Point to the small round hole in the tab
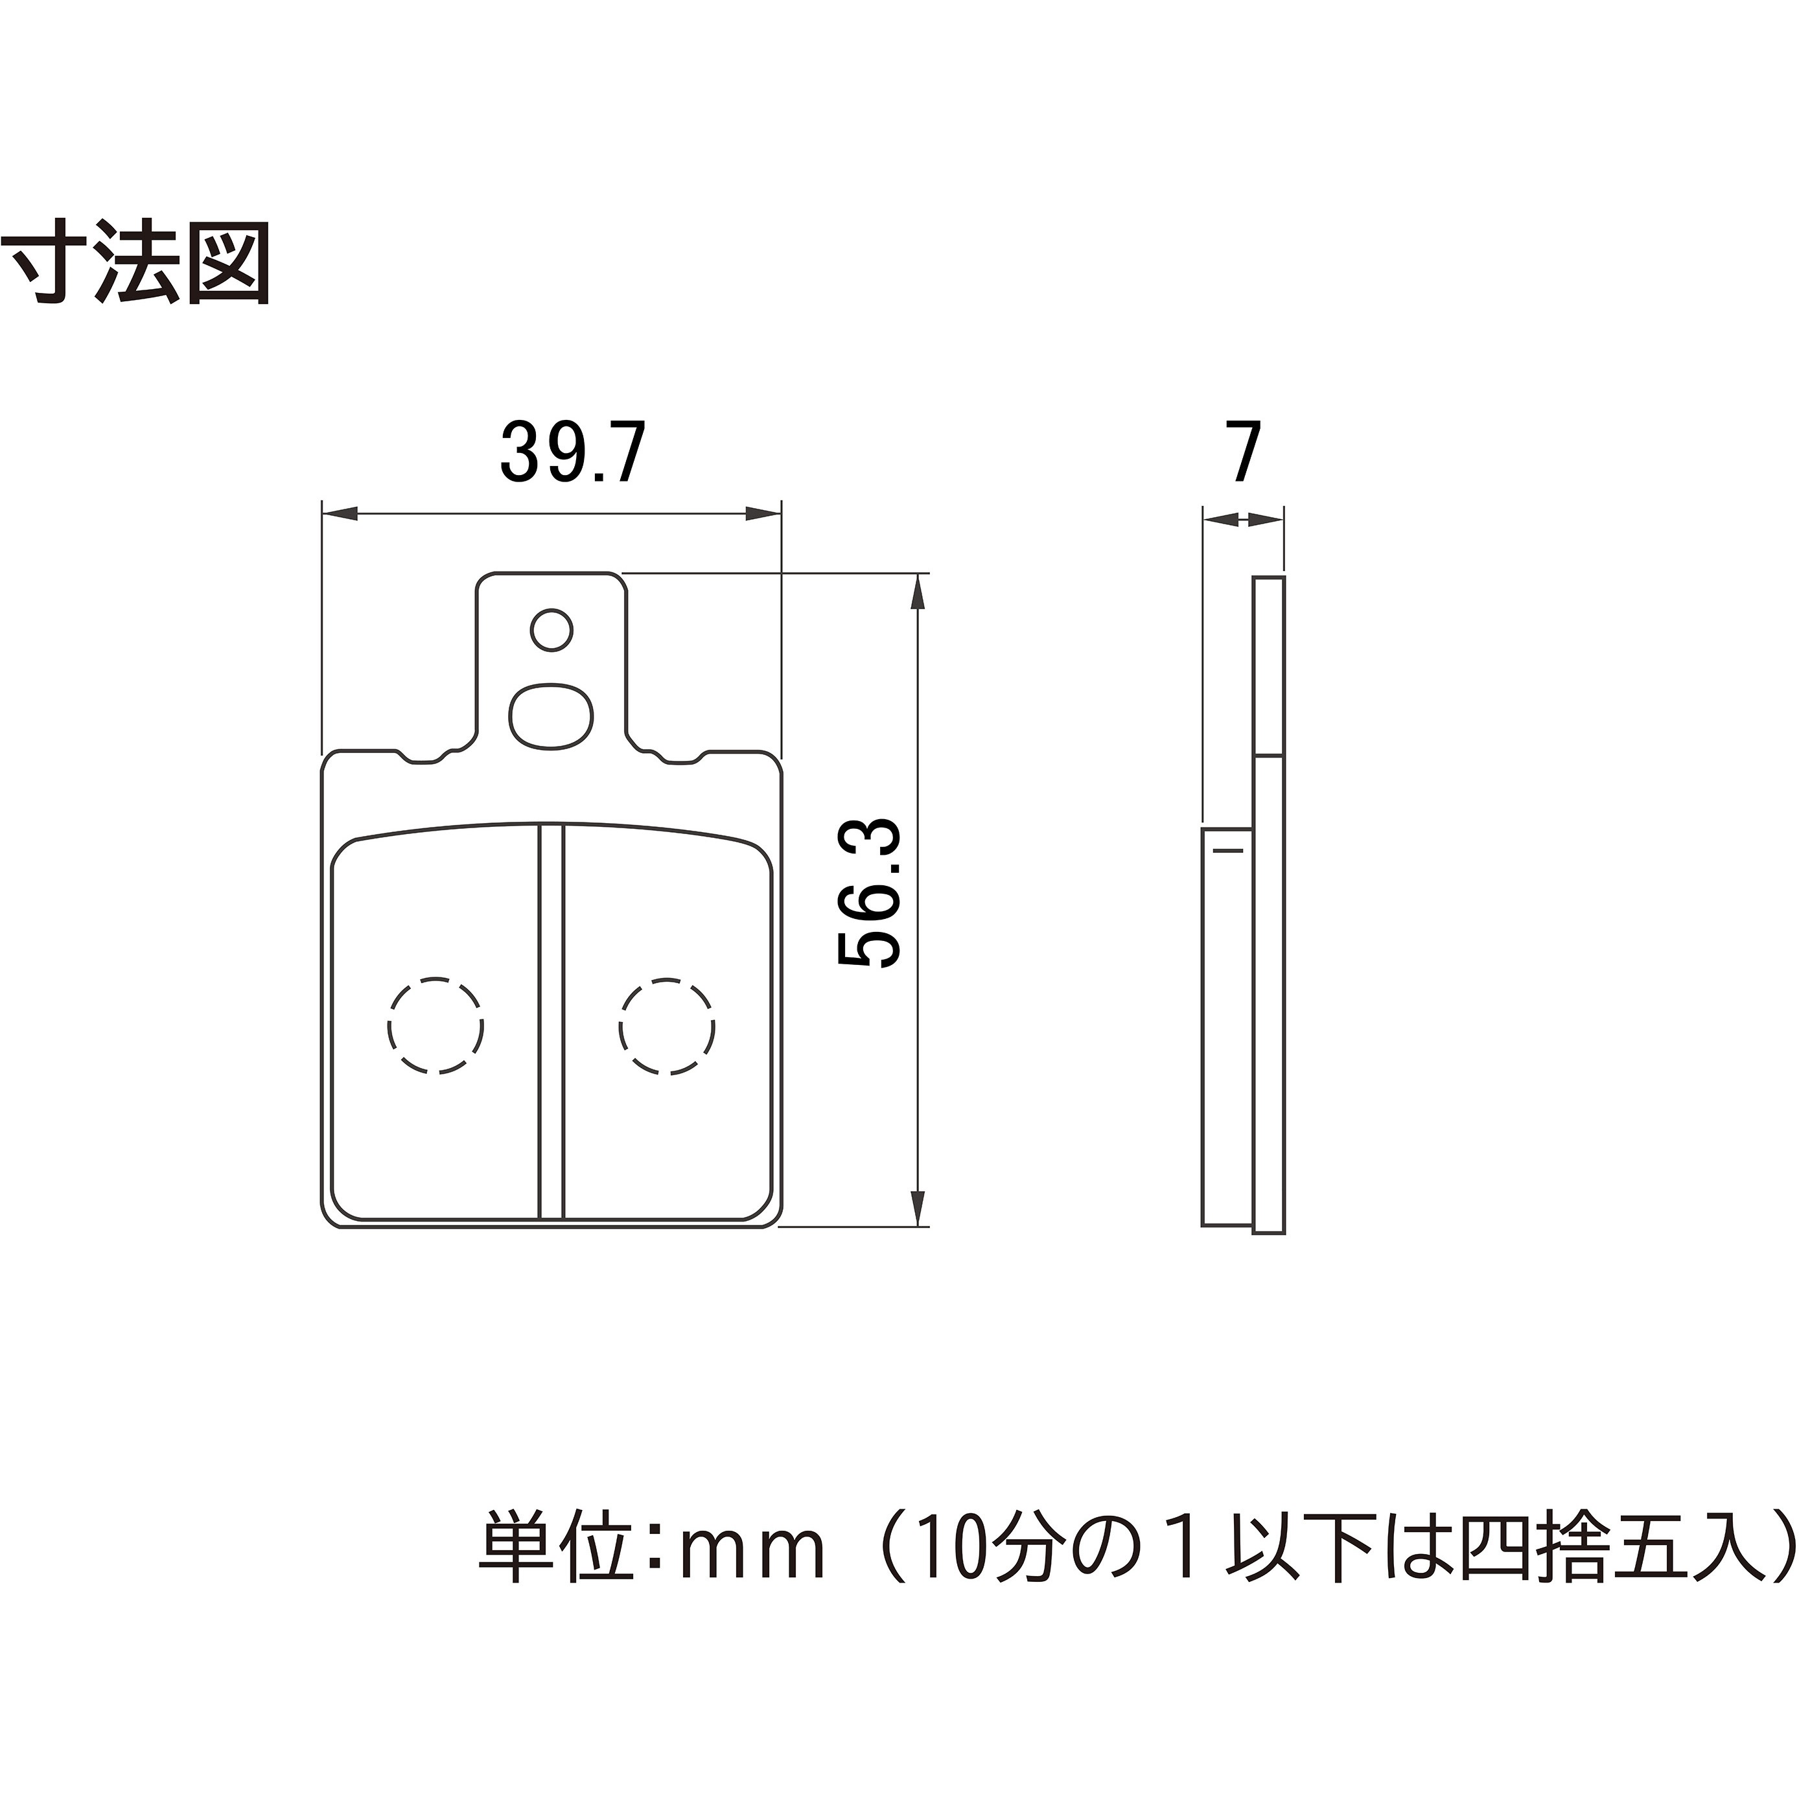tap(551, 631)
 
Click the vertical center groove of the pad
tap(551, 1021)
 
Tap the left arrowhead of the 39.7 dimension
tap(340, 513)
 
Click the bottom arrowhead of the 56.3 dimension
tap(918, 1208)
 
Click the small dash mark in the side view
tap(1228, 851)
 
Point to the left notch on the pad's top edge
tap(421, 757)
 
